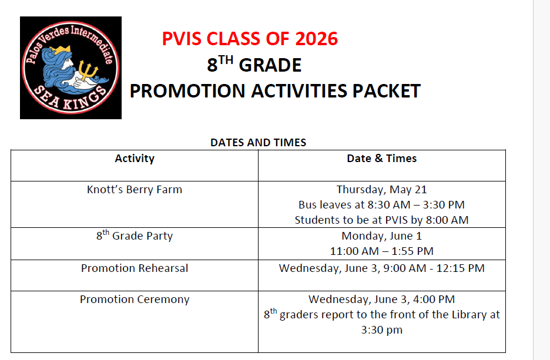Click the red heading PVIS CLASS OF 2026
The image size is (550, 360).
(250, 39)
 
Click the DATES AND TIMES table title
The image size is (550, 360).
(258, 143)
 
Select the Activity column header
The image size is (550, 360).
(135, 159)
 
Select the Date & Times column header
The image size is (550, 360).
(381, 159)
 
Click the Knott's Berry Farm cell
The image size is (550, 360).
(135, 190)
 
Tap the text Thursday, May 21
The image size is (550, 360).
(381, 190)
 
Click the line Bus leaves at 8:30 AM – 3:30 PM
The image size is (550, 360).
(381, 205)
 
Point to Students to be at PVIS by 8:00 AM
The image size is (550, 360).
(381, 220)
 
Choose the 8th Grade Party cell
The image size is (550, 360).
(135, 236)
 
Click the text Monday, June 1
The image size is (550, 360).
(381, 236)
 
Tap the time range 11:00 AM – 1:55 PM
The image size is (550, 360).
(381, 251)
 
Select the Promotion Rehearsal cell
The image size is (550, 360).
(135, 268)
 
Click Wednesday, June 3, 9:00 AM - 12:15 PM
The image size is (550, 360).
(381, 268)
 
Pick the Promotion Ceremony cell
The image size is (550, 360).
(135, 300)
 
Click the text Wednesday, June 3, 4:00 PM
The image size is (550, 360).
(381, 300)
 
